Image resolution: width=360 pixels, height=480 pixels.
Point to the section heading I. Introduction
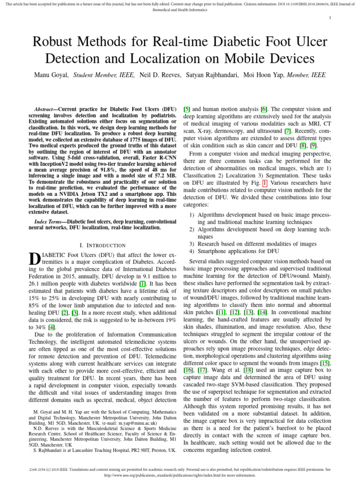tap(103, 245)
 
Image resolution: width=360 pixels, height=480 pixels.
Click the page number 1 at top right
tap(330, 18)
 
